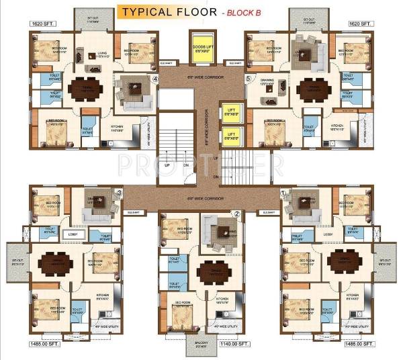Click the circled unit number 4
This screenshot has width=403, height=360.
[x=156, y=79]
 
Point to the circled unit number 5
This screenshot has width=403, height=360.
[x=248, y=79]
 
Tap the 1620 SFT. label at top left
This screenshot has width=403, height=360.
[x=42, y=24]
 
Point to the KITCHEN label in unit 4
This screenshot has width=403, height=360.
[x=118, y=126]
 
